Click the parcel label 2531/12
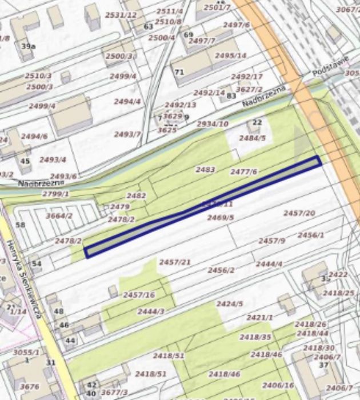click(121, 14)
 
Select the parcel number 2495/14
click(231, 55)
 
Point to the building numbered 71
click(179, 72)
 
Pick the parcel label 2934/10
click(213, 123)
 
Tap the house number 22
click(257, 122)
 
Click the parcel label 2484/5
click(253, 138)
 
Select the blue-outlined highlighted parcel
click(203, 207)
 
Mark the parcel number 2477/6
click(244, 171)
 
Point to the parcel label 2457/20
click(299, 213)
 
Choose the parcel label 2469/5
click(221, 217)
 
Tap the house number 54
click(37, 263)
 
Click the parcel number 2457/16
click(139, 294)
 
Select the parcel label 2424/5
click(230, 303)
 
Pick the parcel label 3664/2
click(59, 215)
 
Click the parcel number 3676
click(29, 387)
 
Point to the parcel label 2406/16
click(278, 385)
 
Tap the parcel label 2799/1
click(55, 194)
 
